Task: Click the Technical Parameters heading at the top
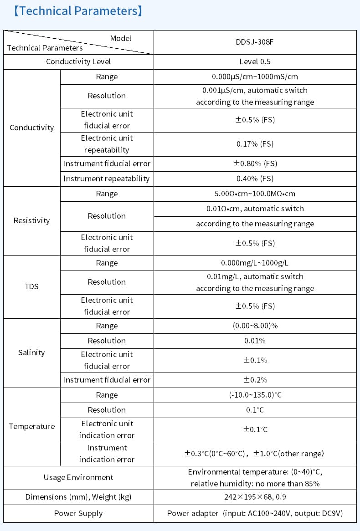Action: pos(78,11)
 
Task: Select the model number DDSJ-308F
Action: pos(255,42)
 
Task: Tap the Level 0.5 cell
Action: pos(255,61)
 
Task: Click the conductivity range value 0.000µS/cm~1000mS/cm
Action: pos(255,77)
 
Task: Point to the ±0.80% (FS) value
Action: pos(255,163)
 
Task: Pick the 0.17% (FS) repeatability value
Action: pos(255,144)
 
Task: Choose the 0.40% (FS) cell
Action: pos(255,179)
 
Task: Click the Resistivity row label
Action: pos(31,220)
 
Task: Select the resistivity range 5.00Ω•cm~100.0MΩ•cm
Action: pos(255,194)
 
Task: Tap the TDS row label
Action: pos(31,286)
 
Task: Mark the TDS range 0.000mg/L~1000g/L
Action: pos(255,263)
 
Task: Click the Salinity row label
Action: pos(31,352)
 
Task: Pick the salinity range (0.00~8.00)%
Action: pos(255,326)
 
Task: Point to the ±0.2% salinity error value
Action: pos(255,380)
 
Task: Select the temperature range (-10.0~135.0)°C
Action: pos(255,395)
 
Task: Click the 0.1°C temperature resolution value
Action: pos(255,410)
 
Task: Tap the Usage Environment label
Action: pos(78,477)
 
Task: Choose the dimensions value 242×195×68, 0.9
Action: pos(255,497)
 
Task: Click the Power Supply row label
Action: pos(78,513)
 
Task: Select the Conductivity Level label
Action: pos(78,61)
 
